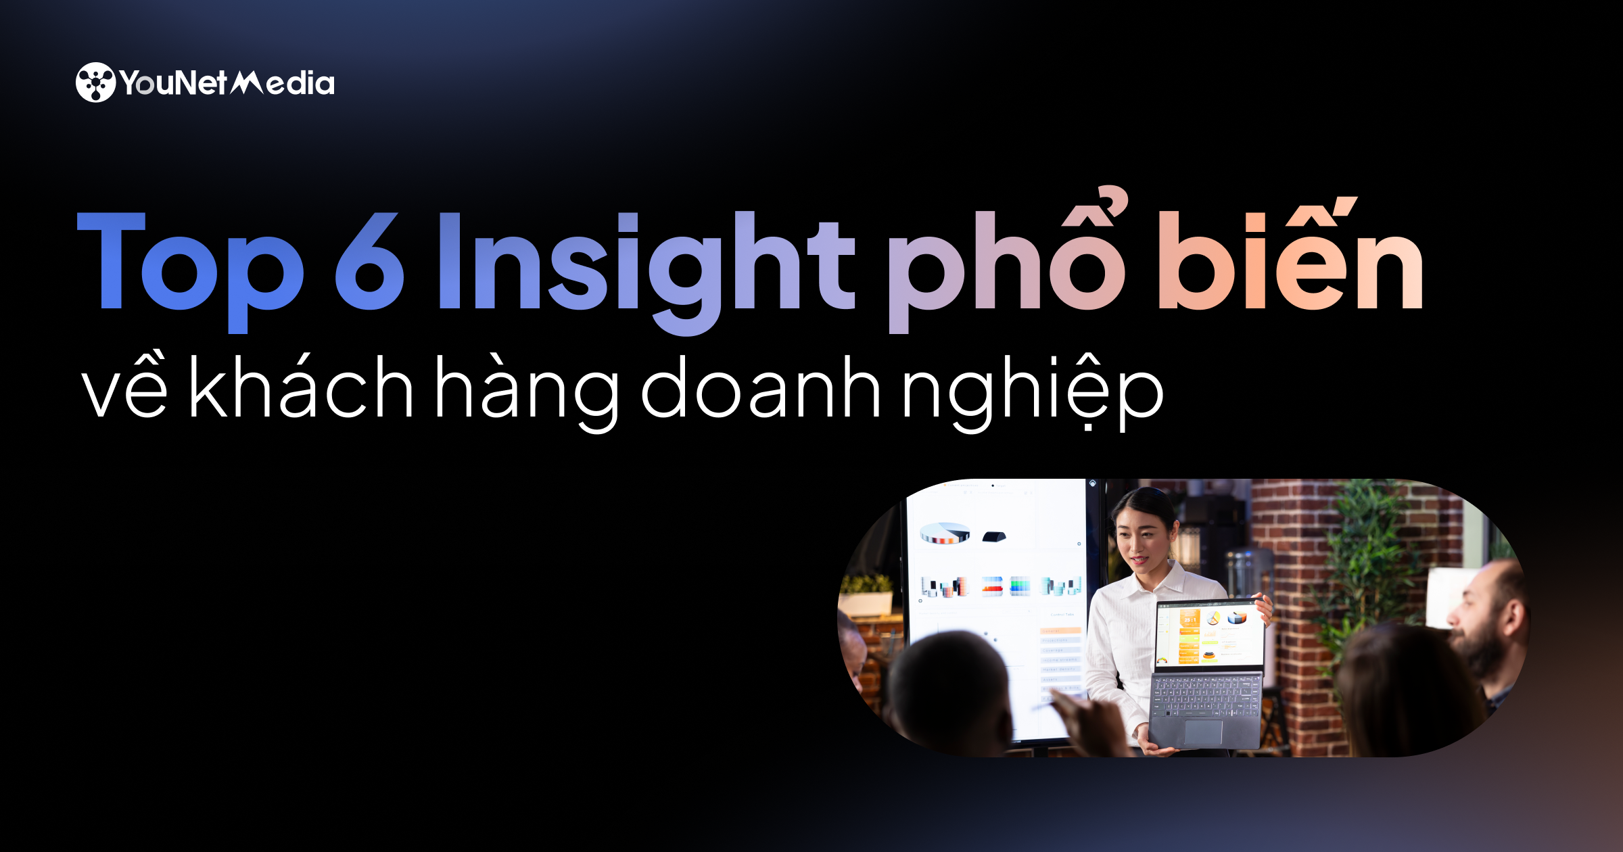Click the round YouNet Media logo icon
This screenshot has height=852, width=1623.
95,82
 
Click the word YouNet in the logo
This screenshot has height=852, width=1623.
173,83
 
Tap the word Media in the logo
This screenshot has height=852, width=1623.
283,82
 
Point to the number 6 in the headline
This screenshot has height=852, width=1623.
369,262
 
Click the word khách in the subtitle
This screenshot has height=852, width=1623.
301,385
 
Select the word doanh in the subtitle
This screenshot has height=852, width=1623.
761,385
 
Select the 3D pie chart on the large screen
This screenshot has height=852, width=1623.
945,533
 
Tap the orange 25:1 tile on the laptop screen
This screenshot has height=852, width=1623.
1190,619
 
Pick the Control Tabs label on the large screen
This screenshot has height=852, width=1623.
1062,615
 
